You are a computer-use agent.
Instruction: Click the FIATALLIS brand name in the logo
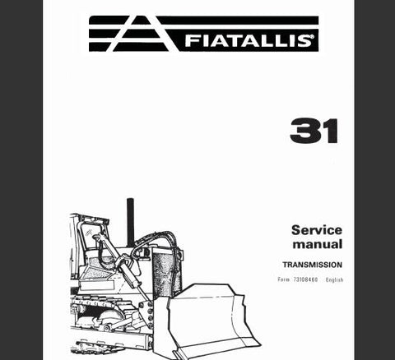(248, 40)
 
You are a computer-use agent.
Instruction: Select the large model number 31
(314, 131)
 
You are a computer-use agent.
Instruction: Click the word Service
(317, 230)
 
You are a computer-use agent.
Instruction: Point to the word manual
(318, 244)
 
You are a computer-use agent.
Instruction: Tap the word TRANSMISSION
(313, 265)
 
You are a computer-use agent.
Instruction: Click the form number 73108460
(305, 279)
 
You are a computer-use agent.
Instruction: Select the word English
(334, 279)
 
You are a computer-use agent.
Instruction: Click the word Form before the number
(283, 279)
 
